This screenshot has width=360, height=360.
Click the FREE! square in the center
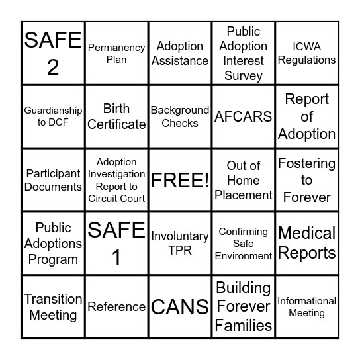click(180, 180)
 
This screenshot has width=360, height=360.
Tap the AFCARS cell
click(244, 116)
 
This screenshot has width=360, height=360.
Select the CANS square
click(180, 307)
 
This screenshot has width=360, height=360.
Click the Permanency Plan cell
click(116, 53)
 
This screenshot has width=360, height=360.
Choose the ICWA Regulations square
click(306, 53)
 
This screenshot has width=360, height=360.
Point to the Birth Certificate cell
click(116, 116)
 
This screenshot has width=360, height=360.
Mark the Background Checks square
click(180, 116)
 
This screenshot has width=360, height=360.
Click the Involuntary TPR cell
click(180, 244)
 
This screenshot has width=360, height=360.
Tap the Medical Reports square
click(306, 244)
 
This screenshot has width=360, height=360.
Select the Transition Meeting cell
click(53, 307)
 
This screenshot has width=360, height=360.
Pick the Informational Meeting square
click(306, 307)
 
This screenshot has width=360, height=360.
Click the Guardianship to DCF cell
click(53, 116)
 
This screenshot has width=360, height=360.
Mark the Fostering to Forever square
click(306, 180)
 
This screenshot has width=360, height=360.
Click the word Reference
click(116, 307)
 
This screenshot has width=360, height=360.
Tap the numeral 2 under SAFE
click(53, 67)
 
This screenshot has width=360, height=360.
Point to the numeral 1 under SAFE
click(116, 257)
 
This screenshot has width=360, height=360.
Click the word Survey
click(244, 76)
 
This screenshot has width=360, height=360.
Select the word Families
click(244, 326)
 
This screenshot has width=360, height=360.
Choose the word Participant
click(53, 174)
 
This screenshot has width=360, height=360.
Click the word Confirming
click(244, 232)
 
